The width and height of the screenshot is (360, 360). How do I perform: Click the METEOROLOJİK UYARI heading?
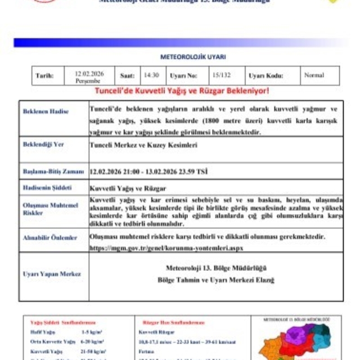(185, 56)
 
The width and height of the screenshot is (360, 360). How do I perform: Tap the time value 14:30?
(151, 75)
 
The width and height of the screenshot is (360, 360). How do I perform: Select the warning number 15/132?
(219, 75)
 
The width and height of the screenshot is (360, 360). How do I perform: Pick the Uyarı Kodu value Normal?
(314, 75)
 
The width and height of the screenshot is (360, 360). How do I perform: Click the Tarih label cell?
(44, 75)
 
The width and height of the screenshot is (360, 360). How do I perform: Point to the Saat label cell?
(127, 75)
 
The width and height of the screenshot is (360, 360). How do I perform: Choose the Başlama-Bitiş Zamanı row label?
(53, 171)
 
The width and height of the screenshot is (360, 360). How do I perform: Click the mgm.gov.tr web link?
(166, 247)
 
